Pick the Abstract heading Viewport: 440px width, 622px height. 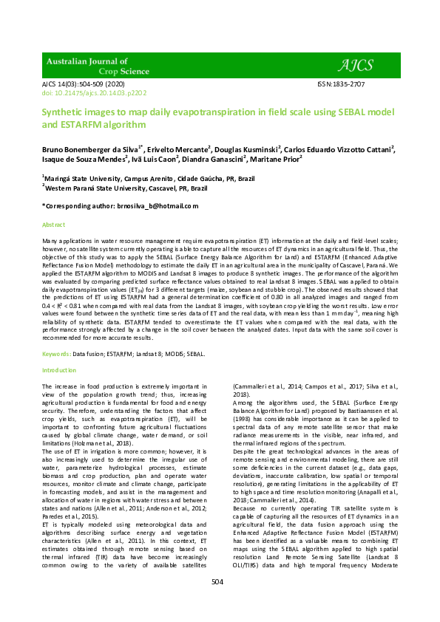[x=53, y=224]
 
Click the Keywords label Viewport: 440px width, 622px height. [x=56, y=354]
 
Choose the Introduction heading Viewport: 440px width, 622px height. [x=59, y=369]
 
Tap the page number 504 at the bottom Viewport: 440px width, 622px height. [x=217, y=602]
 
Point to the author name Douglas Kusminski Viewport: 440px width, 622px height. [x=248, y=148]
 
